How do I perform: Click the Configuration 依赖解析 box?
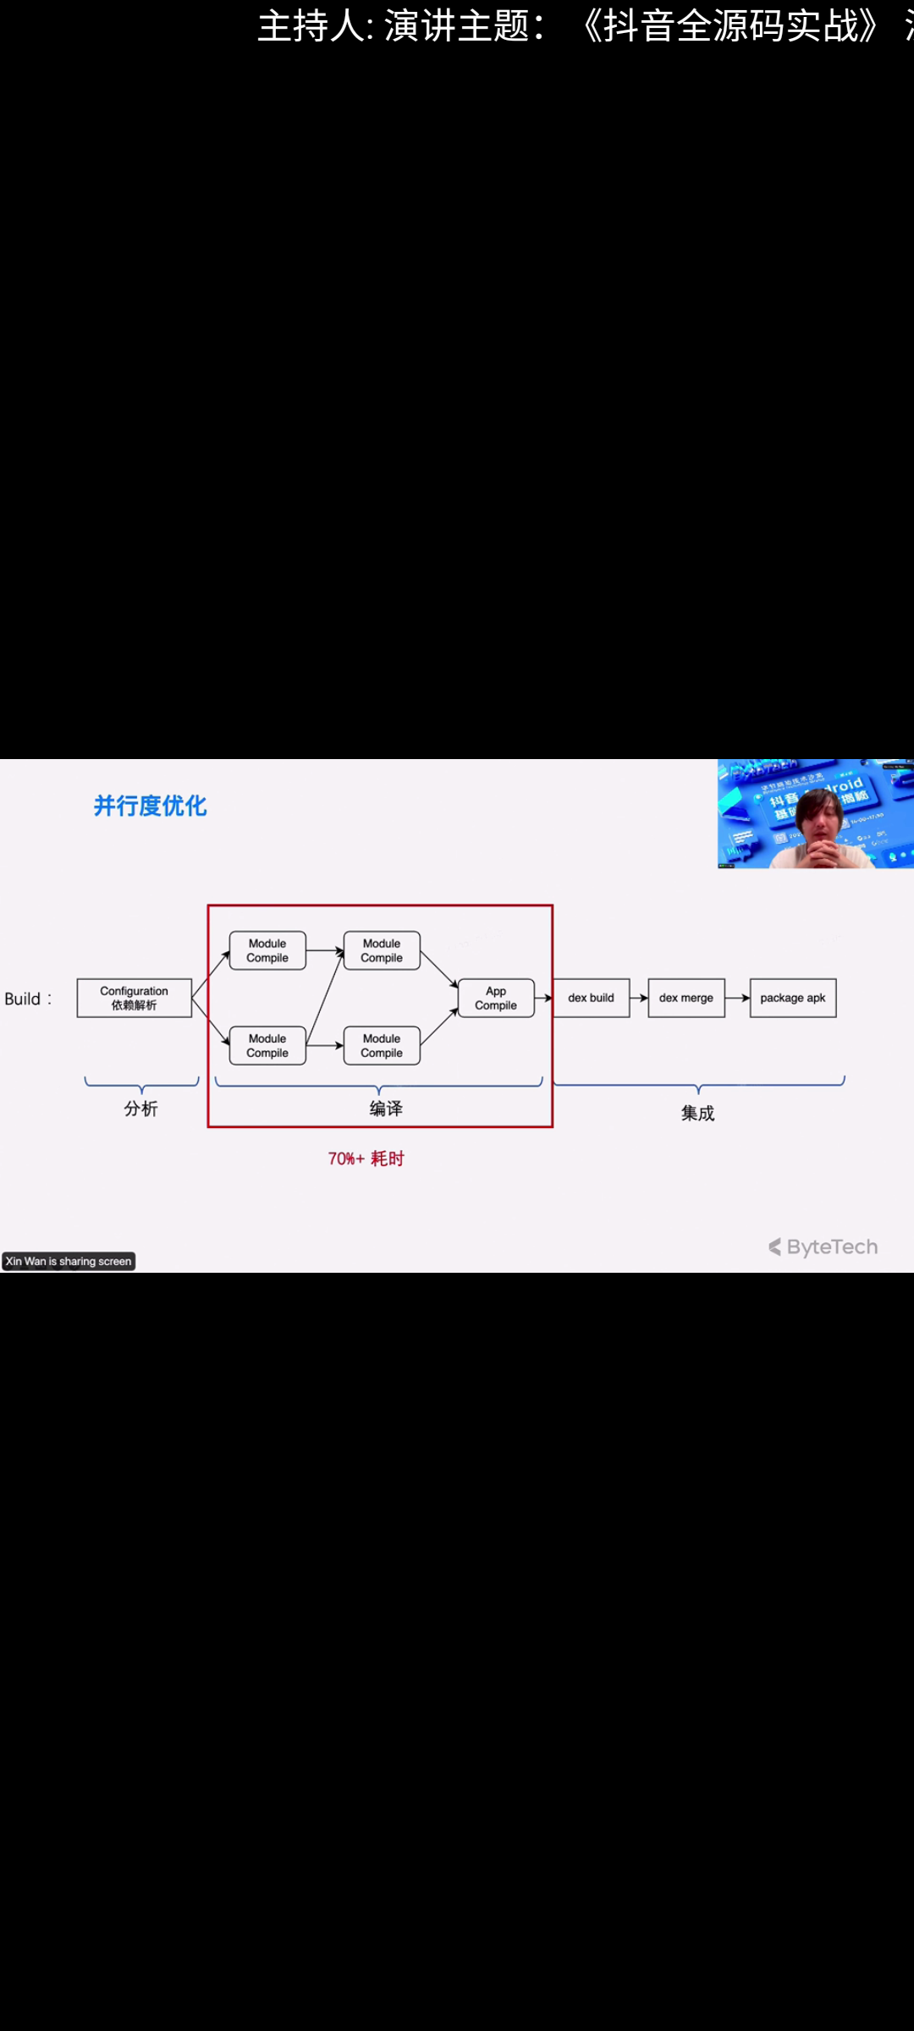pyautogui.click(x=134, y=998)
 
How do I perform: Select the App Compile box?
pyautogui.click(x=496, y=998)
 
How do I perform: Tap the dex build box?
pyautogui.click(x=591, y=998)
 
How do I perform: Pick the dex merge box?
pyautogui.click(x=685, y=998)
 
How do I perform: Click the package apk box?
pyautogui.click(x=792, y=998)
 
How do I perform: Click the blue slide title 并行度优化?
pyautogui.click(x=150, y=806)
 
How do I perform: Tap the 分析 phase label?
pyautogui.click(x=140, y=1109)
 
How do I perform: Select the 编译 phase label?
pyautogui.click(x=386, y=1109)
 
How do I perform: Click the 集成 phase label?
pyautogui.click(x=697, y=1113)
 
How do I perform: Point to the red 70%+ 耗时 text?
pyautogui.click(x=366, y=1159)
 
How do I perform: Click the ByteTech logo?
pyautogui.click(x=823, y=1247)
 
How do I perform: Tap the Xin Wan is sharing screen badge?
pyautogui.click(x=69, y=1261)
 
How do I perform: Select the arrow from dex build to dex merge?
pyautogui.click(x=639, y=998)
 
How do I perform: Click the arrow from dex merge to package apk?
pyautogui.click(x=737, y=998)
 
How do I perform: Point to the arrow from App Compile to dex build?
pyautogui.click(x=543, y=998)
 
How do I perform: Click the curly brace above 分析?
pyautogui.click(x=141, y=1084)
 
